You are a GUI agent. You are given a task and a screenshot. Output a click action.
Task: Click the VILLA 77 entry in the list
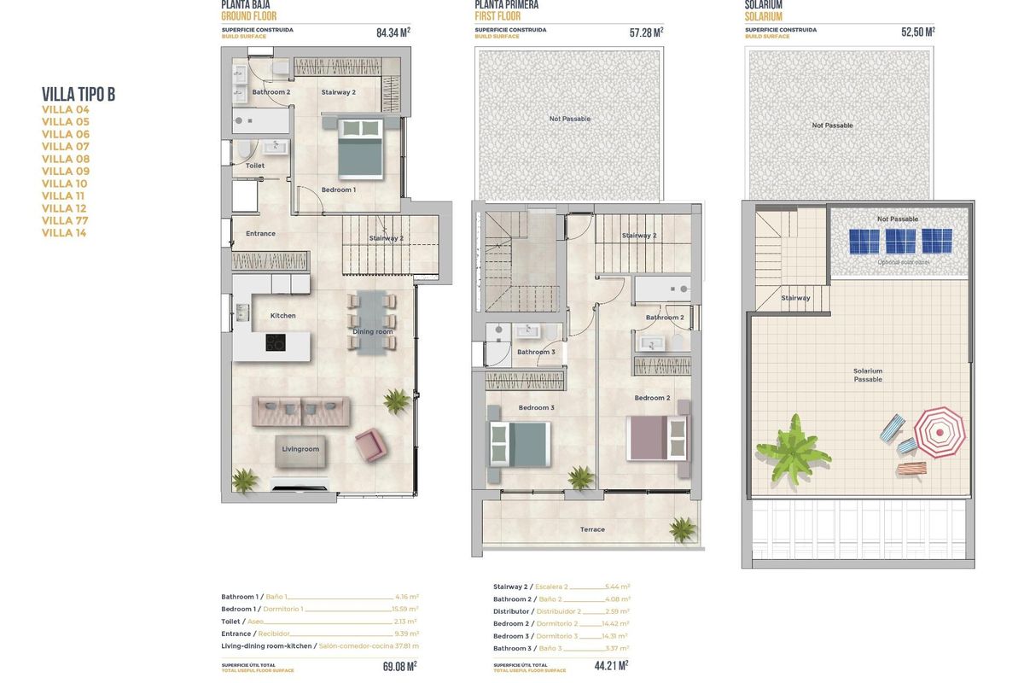(65, 220)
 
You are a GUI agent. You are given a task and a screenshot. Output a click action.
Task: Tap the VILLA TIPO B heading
(78, 94)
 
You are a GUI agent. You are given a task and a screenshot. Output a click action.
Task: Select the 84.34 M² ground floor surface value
(393, 33)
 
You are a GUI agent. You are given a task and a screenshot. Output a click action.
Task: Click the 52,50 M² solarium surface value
(917, 32)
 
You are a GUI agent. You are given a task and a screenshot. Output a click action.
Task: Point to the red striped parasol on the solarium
(940, 431)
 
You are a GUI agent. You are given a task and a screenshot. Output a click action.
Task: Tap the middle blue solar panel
(900, 241)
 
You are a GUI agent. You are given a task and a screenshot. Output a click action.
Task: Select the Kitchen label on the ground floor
(282, 316)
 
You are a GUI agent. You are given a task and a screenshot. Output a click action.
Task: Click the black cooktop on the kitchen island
(276, 342)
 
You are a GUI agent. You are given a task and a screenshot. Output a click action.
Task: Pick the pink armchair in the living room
(370, 444)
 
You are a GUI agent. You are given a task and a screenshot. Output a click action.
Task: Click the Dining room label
(373, 331)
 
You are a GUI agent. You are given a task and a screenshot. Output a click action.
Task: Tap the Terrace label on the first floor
(592, 529)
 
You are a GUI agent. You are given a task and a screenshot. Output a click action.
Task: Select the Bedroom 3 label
(536, 408)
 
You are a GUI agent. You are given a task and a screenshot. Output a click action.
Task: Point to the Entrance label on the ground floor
(260, 233)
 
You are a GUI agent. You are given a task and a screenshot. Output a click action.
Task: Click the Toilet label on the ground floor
(254, 166)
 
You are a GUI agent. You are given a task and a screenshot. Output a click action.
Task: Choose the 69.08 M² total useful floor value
(399, 666)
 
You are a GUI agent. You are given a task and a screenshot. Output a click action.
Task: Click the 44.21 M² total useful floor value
(610, 665)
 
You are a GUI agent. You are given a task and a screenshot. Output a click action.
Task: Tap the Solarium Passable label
(868, 375)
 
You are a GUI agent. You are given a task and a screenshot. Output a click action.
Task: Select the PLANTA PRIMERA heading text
(508, 4)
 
